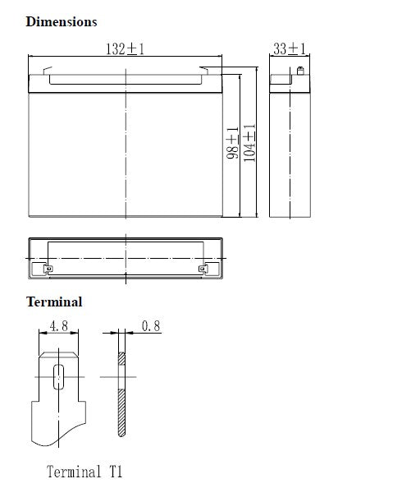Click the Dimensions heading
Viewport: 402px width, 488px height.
62,22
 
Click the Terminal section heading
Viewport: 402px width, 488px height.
54,302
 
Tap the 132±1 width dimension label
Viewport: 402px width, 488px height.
125,48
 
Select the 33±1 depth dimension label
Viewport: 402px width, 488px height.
290,48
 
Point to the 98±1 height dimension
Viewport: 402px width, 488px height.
232,143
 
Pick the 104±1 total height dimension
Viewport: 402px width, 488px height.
249,143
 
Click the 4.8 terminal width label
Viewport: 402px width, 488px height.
59,326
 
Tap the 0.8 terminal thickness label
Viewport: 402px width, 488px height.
151,326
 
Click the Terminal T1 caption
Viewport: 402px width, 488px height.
85,472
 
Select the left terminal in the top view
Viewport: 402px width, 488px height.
48,269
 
